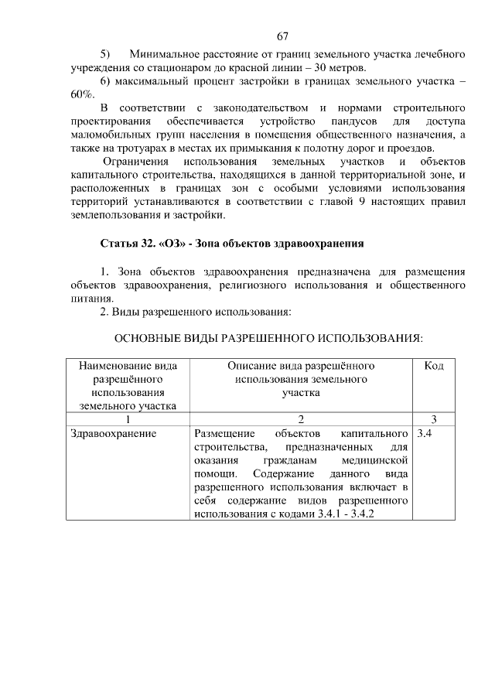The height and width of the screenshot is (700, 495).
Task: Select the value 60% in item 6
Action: (x=81, y=94)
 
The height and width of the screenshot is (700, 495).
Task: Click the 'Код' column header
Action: (x=434, y=365)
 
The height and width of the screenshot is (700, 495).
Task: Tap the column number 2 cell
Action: (x=301, y=419)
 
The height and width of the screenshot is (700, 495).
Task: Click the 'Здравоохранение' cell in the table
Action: (x=113, y=434)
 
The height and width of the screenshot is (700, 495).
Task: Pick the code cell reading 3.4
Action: (x=424, y=434)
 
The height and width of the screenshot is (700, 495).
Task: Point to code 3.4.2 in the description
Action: (x=359, y=514)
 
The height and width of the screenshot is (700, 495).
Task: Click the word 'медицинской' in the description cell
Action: (x=374, y=461)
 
